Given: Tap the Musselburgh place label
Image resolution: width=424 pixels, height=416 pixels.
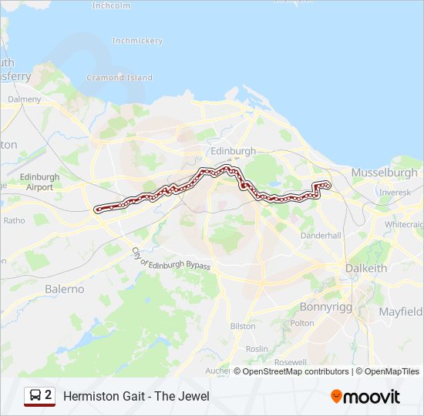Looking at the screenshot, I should [384, 173].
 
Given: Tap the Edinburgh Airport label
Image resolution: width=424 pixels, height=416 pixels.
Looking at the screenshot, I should [39, 182].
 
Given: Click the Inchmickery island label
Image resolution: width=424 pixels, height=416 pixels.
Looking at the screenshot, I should [136, 40].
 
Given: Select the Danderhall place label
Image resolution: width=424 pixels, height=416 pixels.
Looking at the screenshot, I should [321, 235].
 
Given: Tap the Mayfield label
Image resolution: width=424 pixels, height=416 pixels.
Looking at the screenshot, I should [400, 312].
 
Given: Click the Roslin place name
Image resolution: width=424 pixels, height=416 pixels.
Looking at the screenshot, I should [257, 348].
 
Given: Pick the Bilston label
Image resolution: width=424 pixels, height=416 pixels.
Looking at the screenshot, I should [243, 326].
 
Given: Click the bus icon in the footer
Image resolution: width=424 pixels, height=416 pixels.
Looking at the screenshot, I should [34, 396].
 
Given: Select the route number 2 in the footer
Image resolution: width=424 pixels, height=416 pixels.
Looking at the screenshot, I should [49, 396].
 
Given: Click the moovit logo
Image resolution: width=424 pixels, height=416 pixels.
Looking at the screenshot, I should [365, 397].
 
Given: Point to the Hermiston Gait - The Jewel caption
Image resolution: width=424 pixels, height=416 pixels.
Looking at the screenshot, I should [136, 397].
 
